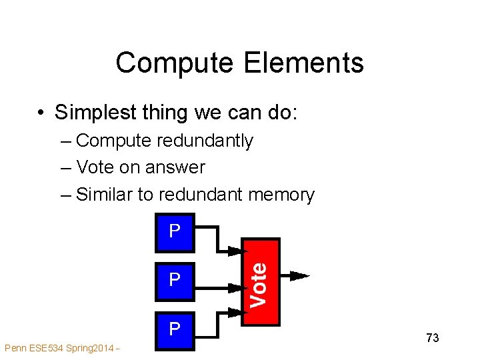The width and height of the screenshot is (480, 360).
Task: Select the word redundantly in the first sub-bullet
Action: [x=207, y=141]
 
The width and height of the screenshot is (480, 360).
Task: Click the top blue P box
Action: [x=175, y=233]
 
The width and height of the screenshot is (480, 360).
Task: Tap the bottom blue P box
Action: [x=175, y=330]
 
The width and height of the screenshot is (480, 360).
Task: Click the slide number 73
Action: [x=432, y=338]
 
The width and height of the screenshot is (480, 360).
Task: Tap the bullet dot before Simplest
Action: [x=41, y=113]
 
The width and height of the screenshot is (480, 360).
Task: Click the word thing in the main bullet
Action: [x=166, y=113]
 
